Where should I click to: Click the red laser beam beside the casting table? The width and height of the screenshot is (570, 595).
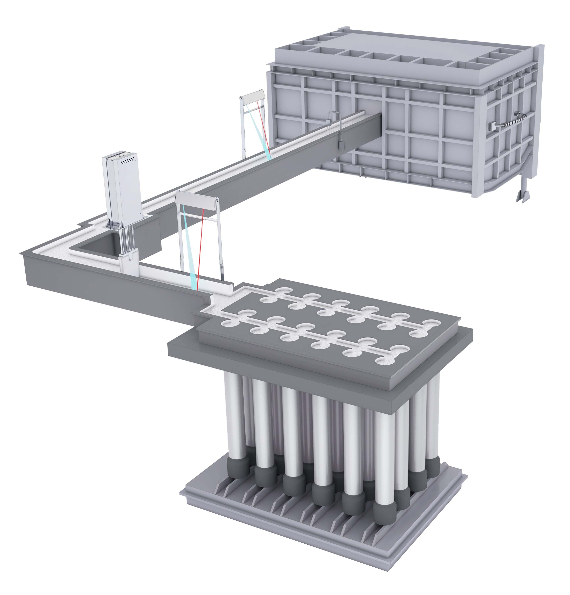point(200,249)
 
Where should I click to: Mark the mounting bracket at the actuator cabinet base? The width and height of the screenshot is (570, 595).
point(113,226)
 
